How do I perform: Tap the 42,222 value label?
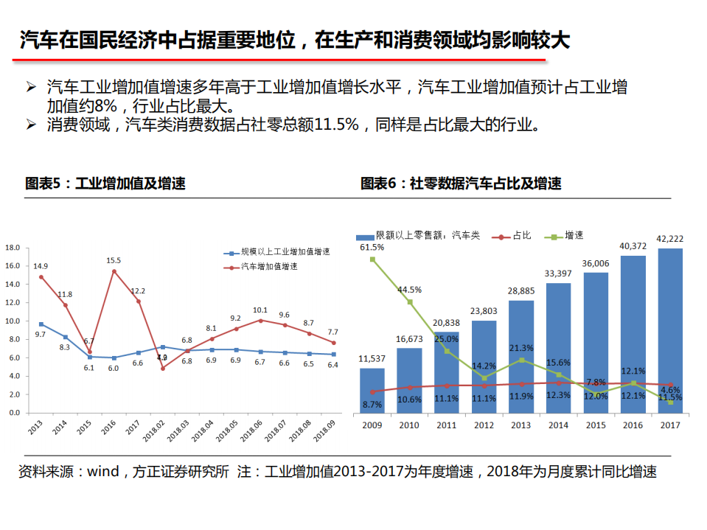[669, 239]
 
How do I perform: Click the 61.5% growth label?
[372, 248]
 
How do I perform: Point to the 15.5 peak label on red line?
[114, 260]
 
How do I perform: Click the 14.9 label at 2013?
[41, 266]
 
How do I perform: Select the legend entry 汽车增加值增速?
[269, 266]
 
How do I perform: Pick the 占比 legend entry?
[522, 235]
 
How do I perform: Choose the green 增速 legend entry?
[574, 235]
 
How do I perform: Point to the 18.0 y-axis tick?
[12, 248]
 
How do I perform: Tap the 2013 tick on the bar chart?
[520, 425]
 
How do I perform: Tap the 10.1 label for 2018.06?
[260, 310]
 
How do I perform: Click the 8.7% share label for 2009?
[372, 404]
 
